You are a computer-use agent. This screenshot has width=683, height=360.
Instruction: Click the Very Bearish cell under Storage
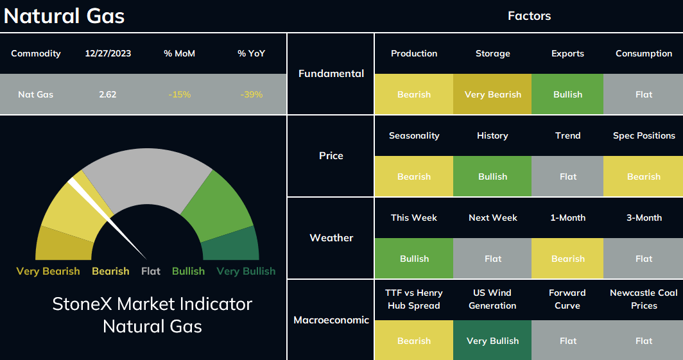(x=492, y=94)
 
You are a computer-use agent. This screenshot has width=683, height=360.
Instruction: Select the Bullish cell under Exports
(x=567, y=94)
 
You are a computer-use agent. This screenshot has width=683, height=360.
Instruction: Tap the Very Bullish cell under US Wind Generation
(x=492, y=340)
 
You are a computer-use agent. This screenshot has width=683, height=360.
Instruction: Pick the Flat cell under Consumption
(x=643, y=94)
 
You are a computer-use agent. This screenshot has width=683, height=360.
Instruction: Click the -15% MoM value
(x=180, y=94)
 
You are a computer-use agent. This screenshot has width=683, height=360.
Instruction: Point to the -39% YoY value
(x=252, y=94)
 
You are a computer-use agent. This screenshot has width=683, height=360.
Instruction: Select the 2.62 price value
(x=108, y=94)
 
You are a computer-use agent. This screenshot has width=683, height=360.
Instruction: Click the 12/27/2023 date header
(x=108, y=53)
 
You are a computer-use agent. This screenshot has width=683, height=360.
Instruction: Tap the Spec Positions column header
(x=644, y=136)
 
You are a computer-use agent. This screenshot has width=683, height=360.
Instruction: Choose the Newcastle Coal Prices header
(x=644, y=299)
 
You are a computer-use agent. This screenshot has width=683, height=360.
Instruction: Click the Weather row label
(x=331, y=237)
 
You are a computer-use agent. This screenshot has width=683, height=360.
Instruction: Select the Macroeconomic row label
(x=331, y=320)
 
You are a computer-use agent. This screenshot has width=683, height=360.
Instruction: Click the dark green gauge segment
(x=231, y=246)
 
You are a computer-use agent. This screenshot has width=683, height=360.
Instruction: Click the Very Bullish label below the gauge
(x=246, y=271)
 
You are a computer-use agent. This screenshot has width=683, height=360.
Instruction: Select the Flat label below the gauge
(x=151, y=271)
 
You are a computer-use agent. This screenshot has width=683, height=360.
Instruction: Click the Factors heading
(x=529, y=16)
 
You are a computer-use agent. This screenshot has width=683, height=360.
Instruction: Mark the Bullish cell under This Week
(x=414, y=259)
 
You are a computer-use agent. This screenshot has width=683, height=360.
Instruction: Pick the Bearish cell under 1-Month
(x=567, y=259)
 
